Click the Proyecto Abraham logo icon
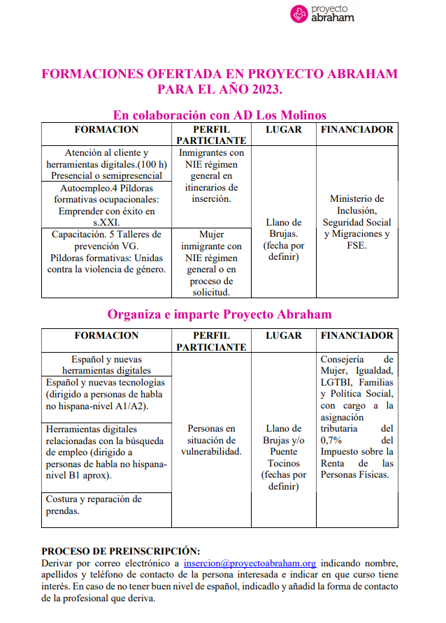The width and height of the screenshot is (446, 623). point(298,13)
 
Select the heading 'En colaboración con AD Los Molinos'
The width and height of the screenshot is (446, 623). point(220,115)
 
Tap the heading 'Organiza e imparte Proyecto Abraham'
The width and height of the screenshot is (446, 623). point(220,314)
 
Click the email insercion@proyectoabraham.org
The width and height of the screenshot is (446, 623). point(250,562)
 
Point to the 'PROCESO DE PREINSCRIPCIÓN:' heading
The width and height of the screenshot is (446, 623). point(120,550)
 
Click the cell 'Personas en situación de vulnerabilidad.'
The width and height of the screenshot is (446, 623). point(211,440)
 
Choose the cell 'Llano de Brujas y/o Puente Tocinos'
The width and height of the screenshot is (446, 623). point(283,457)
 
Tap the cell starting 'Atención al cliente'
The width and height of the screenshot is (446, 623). point(106,164)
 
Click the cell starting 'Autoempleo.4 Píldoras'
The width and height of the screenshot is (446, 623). point(106,205)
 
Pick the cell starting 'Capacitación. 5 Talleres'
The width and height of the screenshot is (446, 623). point(106,251)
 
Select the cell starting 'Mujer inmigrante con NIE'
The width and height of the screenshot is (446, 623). point(211,263)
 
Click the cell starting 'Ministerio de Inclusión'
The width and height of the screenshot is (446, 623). point(357,222)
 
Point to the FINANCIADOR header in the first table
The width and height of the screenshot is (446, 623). point(357,130)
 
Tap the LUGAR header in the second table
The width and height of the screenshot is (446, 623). point(283,336)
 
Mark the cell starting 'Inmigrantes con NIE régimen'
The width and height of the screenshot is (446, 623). point(211,176)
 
